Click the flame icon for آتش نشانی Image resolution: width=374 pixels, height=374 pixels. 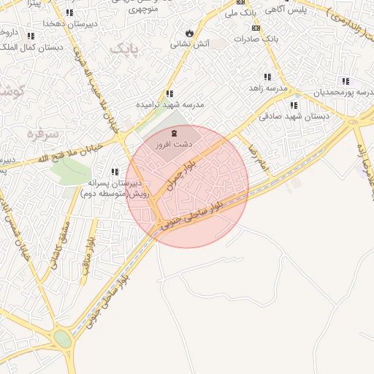[x=190, y=33]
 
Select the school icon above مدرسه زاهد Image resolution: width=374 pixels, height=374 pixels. [x=267, y=77]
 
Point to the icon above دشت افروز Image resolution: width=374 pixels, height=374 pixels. [x=174, y=133]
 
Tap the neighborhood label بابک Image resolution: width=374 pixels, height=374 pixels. [x=125, y=47]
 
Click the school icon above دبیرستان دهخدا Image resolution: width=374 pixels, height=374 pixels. [x=70, y=12]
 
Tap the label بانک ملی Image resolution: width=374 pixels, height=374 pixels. [x=241, y=13]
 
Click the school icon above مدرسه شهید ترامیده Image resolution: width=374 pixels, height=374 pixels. [x=169, y=93]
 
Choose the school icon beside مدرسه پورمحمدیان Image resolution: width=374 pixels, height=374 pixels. [x=346, y=81]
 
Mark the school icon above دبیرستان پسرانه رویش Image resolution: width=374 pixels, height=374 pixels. [x=115, y=172]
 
